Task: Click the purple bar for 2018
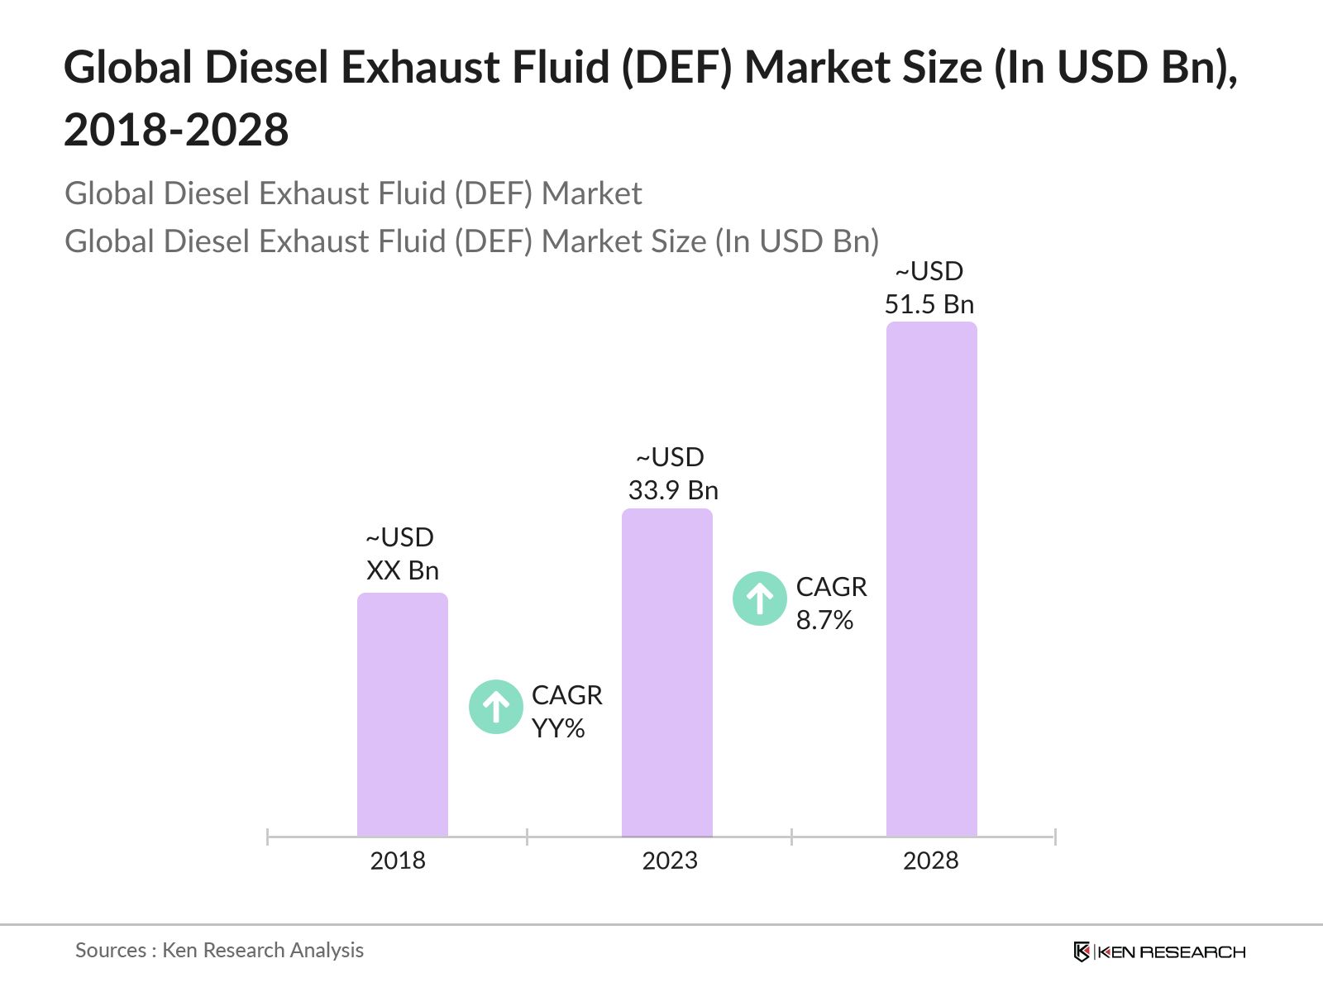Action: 402,715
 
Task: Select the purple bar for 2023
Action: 666,673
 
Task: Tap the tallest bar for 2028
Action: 931,579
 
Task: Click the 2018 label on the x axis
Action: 398,861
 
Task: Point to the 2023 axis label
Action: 670,861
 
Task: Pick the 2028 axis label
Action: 930,861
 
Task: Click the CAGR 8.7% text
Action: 830,603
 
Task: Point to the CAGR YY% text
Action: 566,711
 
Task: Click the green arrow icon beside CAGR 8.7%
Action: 759,598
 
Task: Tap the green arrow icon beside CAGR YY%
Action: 495,707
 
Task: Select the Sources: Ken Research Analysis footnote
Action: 219,950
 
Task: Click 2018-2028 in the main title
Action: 176,130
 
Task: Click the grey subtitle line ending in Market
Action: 353,193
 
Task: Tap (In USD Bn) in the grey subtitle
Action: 796,241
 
